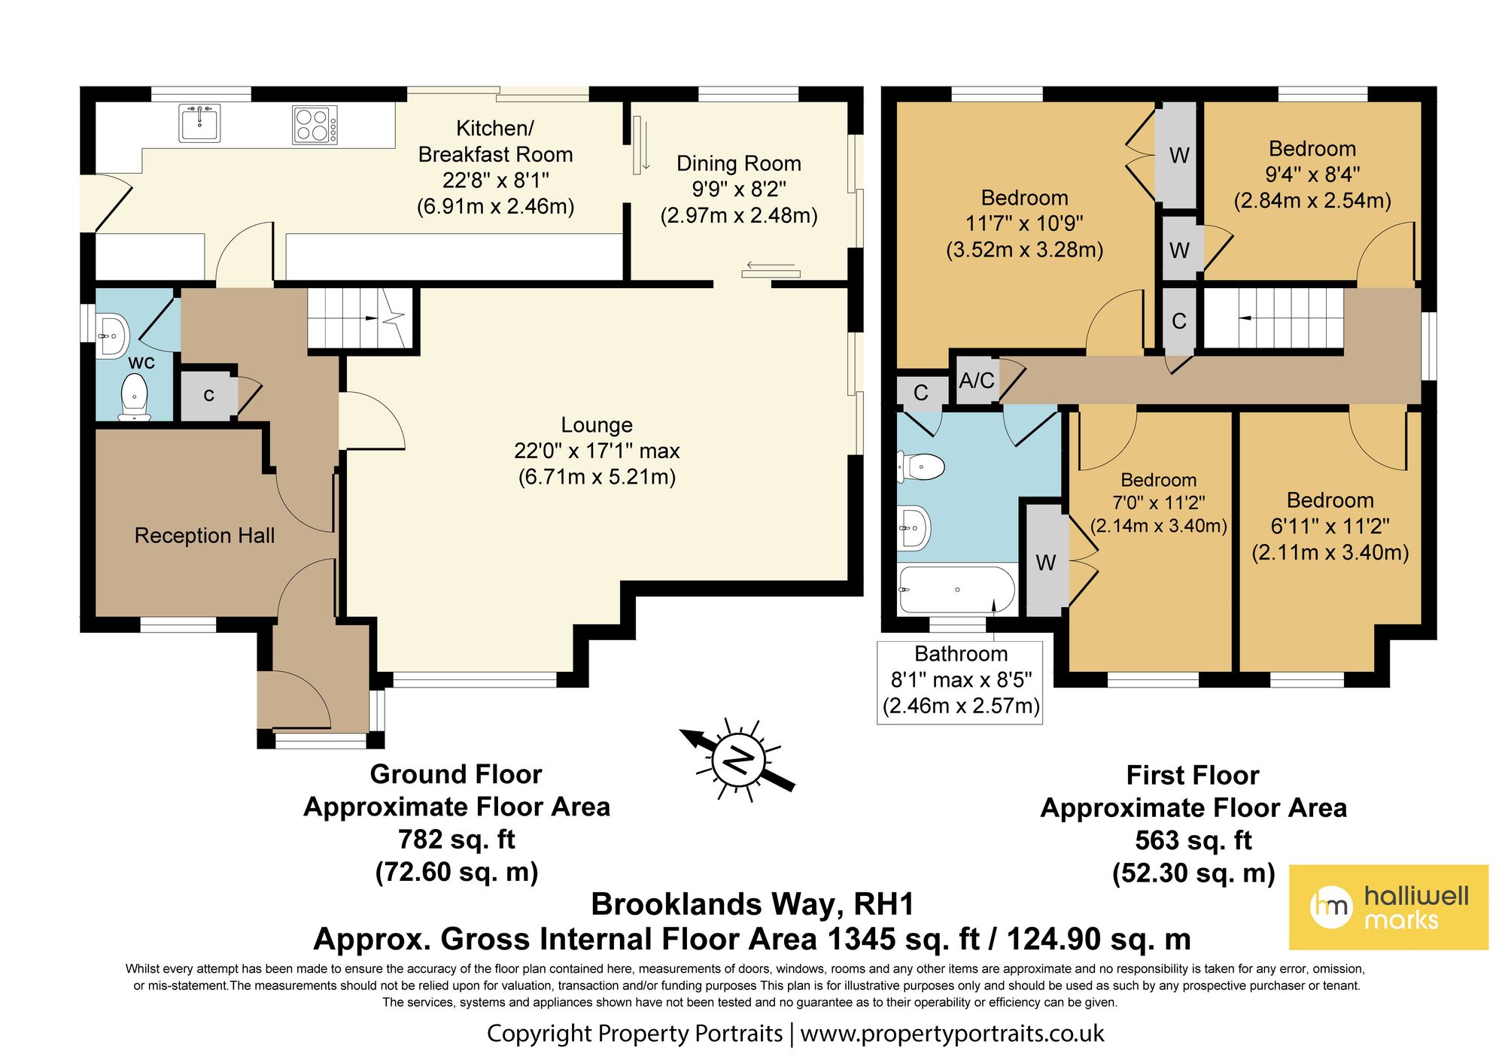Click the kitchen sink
click(x=199, y=123)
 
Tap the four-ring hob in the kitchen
click(x=315, y=125)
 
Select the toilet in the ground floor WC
click(x=134, y=396)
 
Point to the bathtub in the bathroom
click(x=957, y=590)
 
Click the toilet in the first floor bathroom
click(x=921, y=467)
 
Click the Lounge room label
click(x=597, y=425)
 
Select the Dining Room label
click(x=738, y=163)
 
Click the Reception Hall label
click(x=205, y=536)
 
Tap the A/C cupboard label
click(x=977, y=381)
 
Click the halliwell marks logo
click(x=1388, y=907)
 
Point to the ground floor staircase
click(x=360, y=318)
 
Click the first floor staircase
click(x=1273, y=318)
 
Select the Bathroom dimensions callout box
click(x=960, y=682)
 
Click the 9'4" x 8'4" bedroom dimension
click(x=1312, y=175)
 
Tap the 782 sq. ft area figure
click(x=457, y=839)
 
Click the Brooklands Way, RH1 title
click(x=752, y=904)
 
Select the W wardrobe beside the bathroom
click(x=1046, y=560)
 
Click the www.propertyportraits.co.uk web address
click(x=952, y=1034)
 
